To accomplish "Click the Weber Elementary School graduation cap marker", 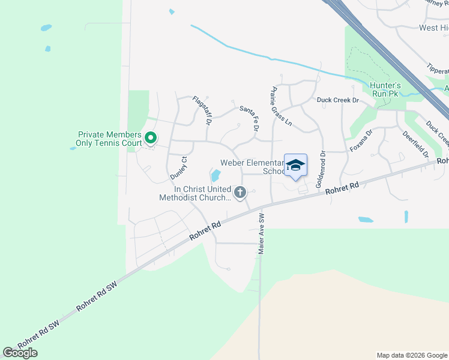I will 295,165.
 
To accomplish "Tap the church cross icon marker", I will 240,193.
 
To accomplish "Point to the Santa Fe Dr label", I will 249,118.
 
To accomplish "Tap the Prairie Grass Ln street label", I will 280,106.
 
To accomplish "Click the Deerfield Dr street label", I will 415,144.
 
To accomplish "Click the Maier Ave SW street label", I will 261,233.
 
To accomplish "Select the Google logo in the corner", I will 20,353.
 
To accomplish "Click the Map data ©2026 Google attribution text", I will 411,355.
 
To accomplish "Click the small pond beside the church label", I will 214,176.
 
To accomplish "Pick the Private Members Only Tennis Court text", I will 109,139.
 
